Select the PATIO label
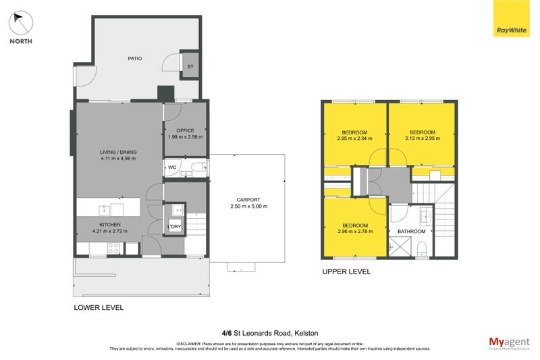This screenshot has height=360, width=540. click(x=135, y=59)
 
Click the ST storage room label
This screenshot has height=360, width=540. click(x=190, y=66)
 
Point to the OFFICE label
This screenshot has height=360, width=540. click(x=185, y=130)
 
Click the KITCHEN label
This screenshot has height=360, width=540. click(x=110, y=224)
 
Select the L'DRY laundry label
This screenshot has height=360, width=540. click(x=175, y=226)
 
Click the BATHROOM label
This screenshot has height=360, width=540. click(x=411, y=231)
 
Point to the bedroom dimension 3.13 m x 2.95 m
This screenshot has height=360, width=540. click(x=422, y=138)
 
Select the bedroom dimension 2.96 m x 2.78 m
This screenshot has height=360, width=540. click(x=354, y=231)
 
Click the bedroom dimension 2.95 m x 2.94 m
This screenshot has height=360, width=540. click(x=354, y=138)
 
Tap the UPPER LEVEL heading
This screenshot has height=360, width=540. click(x=346, y=272)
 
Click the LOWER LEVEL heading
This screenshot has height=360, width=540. click(x=99, y=307)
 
